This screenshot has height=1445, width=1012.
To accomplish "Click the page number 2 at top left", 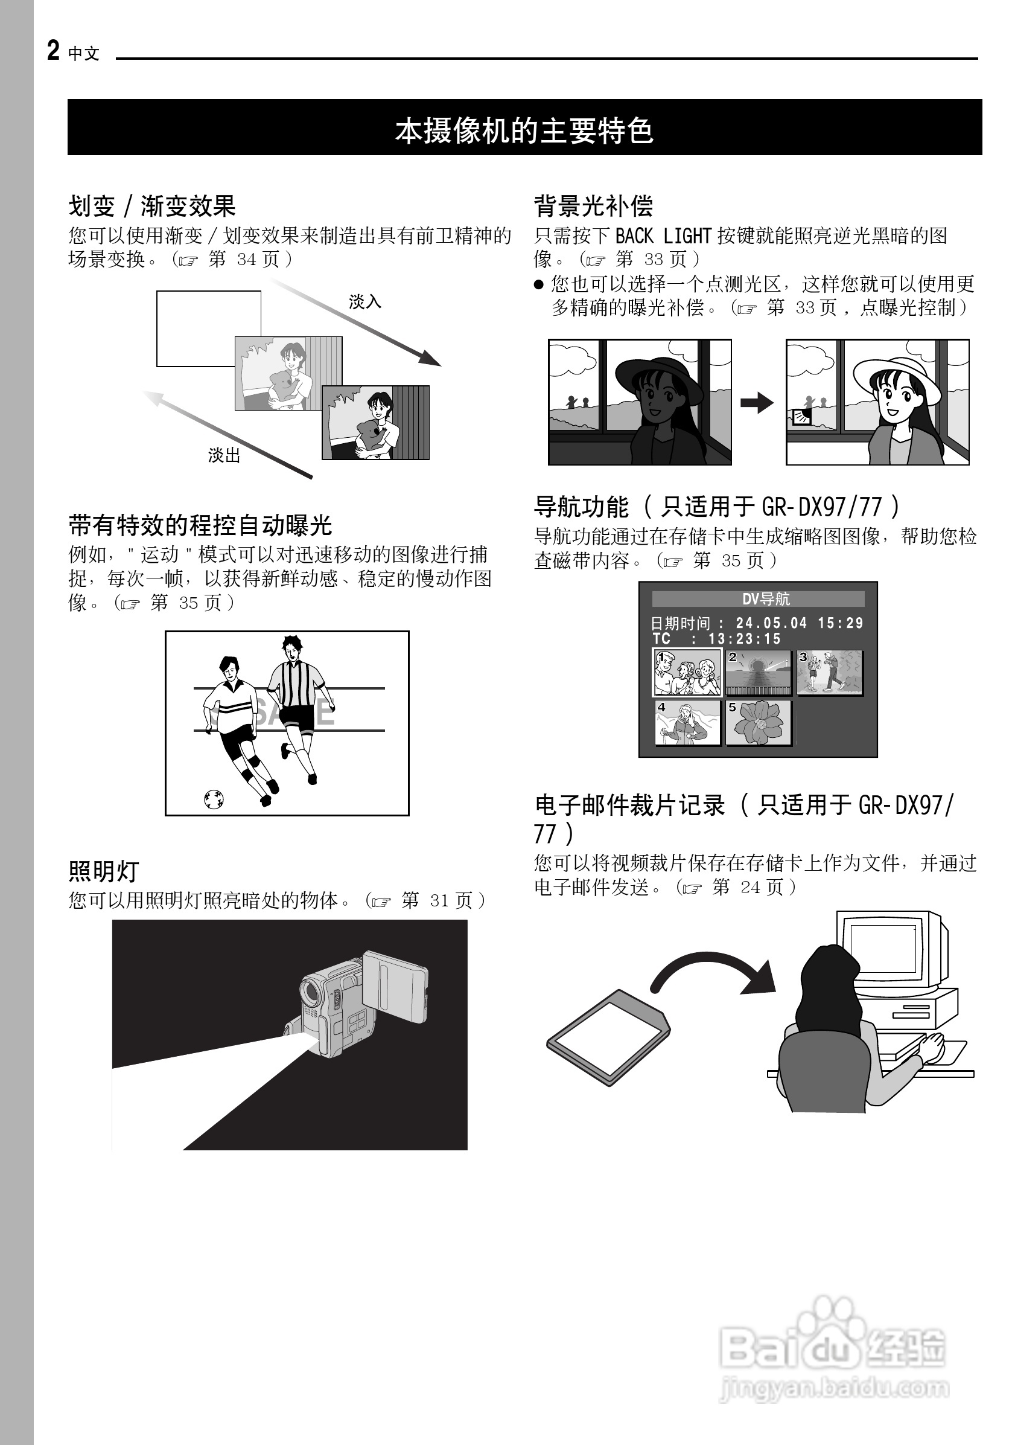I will (54, 50).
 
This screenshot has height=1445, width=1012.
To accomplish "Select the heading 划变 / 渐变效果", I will (151, 206).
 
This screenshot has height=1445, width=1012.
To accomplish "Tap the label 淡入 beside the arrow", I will (365, 302).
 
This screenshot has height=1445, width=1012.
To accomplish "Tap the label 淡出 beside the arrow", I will (224, 455).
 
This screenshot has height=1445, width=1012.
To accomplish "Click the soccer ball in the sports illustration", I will (214, 799).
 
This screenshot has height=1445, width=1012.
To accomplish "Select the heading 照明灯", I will (103, 871).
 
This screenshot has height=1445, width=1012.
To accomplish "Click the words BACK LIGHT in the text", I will (663, 236).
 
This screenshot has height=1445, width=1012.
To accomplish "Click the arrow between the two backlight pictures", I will (757, 403).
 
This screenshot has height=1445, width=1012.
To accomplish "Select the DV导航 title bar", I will (758, 598).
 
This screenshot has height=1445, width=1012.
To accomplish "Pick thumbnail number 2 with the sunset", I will (759, 673).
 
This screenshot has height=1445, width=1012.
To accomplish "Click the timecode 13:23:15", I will (744, 639).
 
